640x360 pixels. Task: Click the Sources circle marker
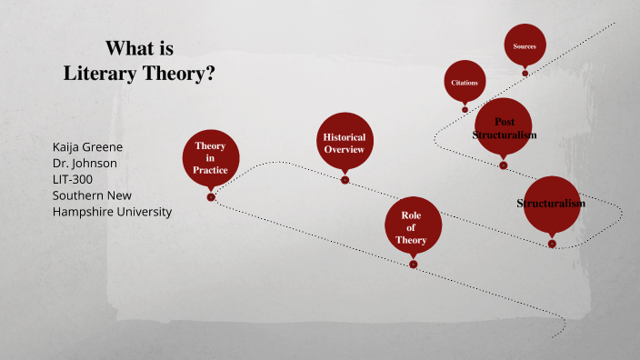click(x=525, y=45)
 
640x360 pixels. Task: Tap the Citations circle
click(x=465, y=83)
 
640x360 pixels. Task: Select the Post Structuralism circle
click(x=503, y=128)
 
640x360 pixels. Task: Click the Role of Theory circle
click(x=413, y=227)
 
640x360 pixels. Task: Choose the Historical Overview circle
click(x=345, y=143)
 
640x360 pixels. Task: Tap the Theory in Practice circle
click(x=211, y=158)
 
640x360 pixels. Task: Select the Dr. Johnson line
click(x=85, y=163)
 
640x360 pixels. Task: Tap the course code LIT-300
click(x=73, y=179)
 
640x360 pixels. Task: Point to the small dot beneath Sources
click(x=525, y=73)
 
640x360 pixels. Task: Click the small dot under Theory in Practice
click(x=211, y=196)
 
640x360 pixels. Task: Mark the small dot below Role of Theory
click(x=413, y=265)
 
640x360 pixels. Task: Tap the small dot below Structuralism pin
click(x=552, y=244)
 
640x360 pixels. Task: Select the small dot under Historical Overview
click(x=345, y=180)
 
